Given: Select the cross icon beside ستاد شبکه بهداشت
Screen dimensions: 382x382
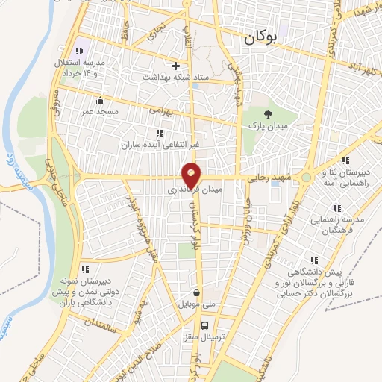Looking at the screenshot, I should tap(176, 66).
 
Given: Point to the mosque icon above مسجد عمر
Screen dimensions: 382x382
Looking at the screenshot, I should tap(101, 100).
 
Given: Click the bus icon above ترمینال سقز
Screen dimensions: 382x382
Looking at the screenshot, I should tap(205, 325).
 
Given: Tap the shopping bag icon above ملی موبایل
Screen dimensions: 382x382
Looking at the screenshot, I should tap(196, 293).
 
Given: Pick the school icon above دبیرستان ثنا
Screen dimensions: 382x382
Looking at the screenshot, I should tap(344, 160).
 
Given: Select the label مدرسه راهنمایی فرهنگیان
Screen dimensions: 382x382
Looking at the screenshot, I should tap(342, 225).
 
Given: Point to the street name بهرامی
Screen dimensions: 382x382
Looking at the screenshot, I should tap(160, 109).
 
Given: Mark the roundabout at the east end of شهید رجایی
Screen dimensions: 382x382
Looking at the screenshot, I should tap(307, 178).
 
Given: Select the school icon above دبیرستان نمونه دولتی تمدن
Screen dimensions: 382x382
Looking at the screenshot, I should tap(86, 269).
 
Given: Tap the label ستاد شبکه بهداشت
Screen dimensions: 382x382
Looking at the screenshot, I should tap(171, 77).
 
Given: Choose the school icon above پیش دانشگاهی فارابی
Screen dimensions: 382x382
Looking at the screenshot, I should tap(314, 260).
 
